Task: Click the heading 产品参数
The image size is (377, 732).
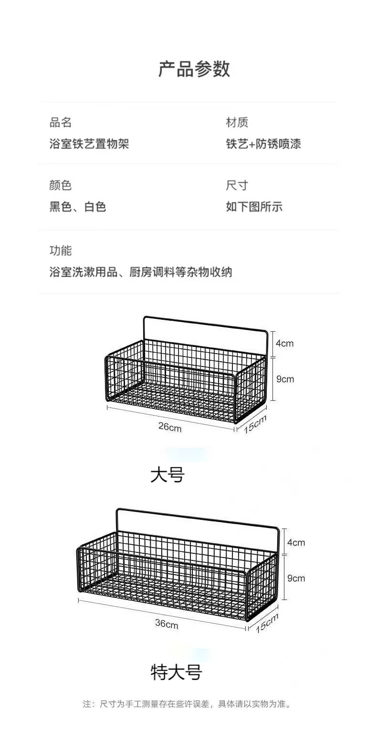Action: pyautogui.click(x=194, y=69)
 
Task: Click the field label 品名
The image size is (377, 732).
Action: pyautogui.click(x=61, y=122)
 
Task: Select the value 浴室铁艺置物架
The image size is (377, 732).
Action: pyautogui.click(x=89, y=143)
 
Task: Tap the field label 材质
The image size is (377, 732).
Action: pyautogui.click(x=237, y=122)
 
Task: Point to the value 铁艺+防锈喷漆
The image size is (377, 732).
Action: pyautogui.click(x=263, y=143)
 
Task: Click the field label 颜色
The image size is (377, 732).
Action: pyautogui.click(x=61, y=185)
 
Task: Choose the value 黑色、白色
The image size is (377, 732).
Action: pyautogui.click(x=78, y=206)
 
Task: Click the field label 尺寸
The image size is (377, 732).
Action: pyautogui.click(x=237, y=185)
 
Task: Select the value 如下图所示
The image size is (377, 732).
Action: pyautogui.click(x=254, y=206)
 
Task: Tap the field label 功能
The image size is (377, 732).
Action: pyautogui.click(x=61, y=250)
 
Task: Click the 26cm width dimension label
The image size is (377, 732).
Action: pyautogui.click(x=170, y=427)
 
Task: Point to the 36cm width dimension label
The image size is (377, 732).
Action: pyautogui.click(x=167, y=623)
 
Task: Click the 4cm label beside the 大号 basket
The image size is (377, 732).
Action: pyautogui.click(x=284, y=343)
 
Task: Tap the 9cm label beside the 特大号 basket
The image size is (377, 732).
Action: pyautogui.click(x=296, y=578)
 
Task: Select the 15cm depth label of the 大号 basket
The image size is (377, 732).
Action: pyautogui.click(x=255, y=424)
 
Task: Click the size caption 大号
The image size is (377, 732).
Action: pyautogui.click(x=168, y=475)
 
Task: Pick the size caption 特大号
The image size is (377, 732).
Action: pyautogui.click(x=177, y=672)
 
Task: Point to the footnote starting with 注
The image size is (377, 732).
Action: pyautogui.click(x=187, y=704)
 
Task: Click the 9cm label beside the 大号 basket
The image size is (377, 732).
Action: pyautogui.click(x=285, y=379)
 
